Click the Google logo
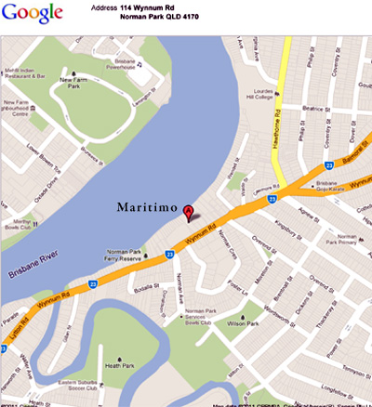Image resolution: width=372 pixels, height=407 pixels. coord(33,13)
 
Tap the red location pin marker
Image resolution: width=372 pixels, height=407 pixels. coord(191,212)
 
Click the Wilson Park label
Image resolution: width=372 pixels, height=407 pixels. coord(247,327)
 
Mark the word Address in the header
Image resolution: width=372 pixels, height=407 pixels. coord(105,7)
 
